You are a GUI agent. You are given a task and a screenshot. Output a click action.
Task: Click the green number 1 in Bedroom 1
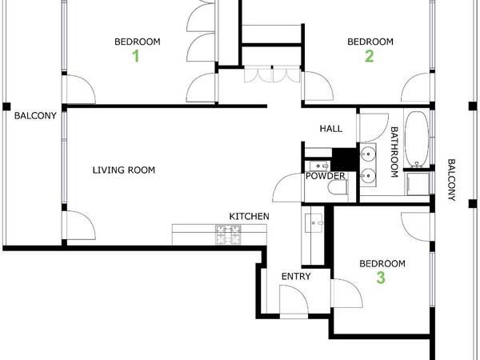pyautogui.click(x=135, y=56)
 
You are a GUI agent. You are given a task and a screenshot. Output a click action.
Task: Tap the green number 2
pyautogui.click(x=369, y=56)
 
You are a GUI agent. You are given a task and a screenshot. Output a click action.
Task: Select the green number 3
pyautogui.click(x=381, y=278)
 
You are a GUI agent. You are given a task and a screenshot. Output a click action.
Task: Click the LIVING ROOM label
pyautogui.click(x=123, y=170)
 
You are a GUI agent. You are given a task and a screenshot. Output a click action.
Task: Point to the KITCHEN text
pyautogui.click(x=249, y=217)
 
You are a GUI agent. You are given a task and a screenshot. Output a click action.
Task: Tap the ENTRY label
pyautogui.click(x=295, y=277)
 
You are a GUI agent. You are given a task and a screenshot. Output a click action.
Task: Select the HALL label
pyautogui.click(x=330, y=128)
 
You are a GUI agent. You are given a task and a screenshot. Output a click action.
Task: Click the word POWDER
pyautogui.click(x=326, y=176)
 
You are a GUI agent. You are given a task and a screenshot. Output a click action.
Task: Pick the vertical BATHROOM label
pyautogui.click(x=394, y=152)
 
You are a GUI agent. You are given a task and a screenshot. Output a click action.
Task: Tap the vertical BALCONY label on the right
pyautogui.click(x=451, y=179)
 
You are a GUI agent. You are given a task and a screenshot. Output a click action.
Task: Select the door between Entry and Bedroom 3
pyautogui.click(x=344, y=293)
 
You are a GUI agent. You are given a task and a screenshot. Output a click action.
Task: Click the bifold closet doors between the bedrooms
pyautogui.click(x=270, y=74)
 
